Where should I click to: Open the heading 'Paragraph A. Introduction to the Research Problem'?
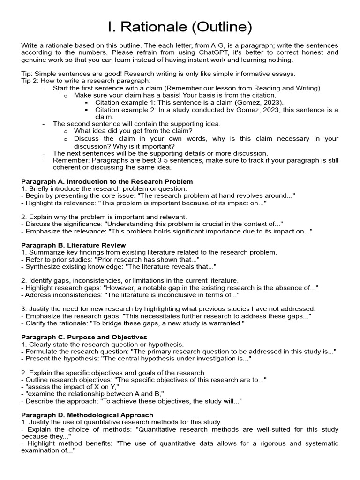click(x=107, y=181)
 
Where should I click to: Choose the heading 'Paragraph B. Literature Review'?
click(x=74, y=245)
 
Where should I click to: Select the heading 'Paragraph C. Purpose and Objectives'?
click(x=84, y=337)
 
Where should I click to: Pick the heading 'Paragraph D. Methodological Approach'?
click(x=87, y=415)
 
